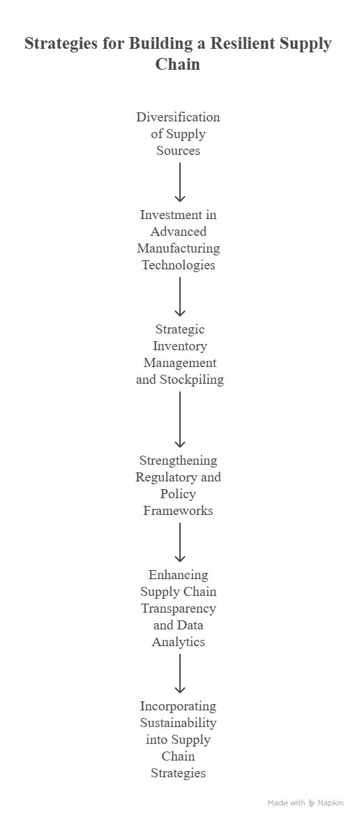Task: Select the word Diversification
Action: point(178,117)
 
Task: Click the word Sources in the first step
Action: point(178,151)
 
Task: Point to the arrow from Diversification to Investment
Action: point(180,182)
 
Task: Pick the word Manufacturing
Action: point(178,248)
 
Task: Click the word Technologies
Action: point(178,264)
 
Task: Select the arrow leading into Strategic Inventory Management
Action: point(180,297)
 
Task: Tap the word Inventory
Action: point(180,346)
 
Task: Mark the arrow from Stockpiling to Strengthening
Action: point(180,419)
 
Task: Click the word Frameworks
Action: point(178,511)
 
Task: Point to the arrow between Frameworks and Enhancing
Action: point(180,542)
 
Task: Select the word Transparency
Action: point(178,608)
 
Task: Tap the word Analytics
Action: point(178,642)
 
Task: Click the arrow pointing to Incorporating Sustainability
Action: point(180,673)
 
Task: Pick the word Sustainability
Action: point(178,723)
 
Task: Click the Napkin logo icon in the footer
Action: point(312,803)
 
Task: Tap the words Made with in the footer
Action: point(286,802)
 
